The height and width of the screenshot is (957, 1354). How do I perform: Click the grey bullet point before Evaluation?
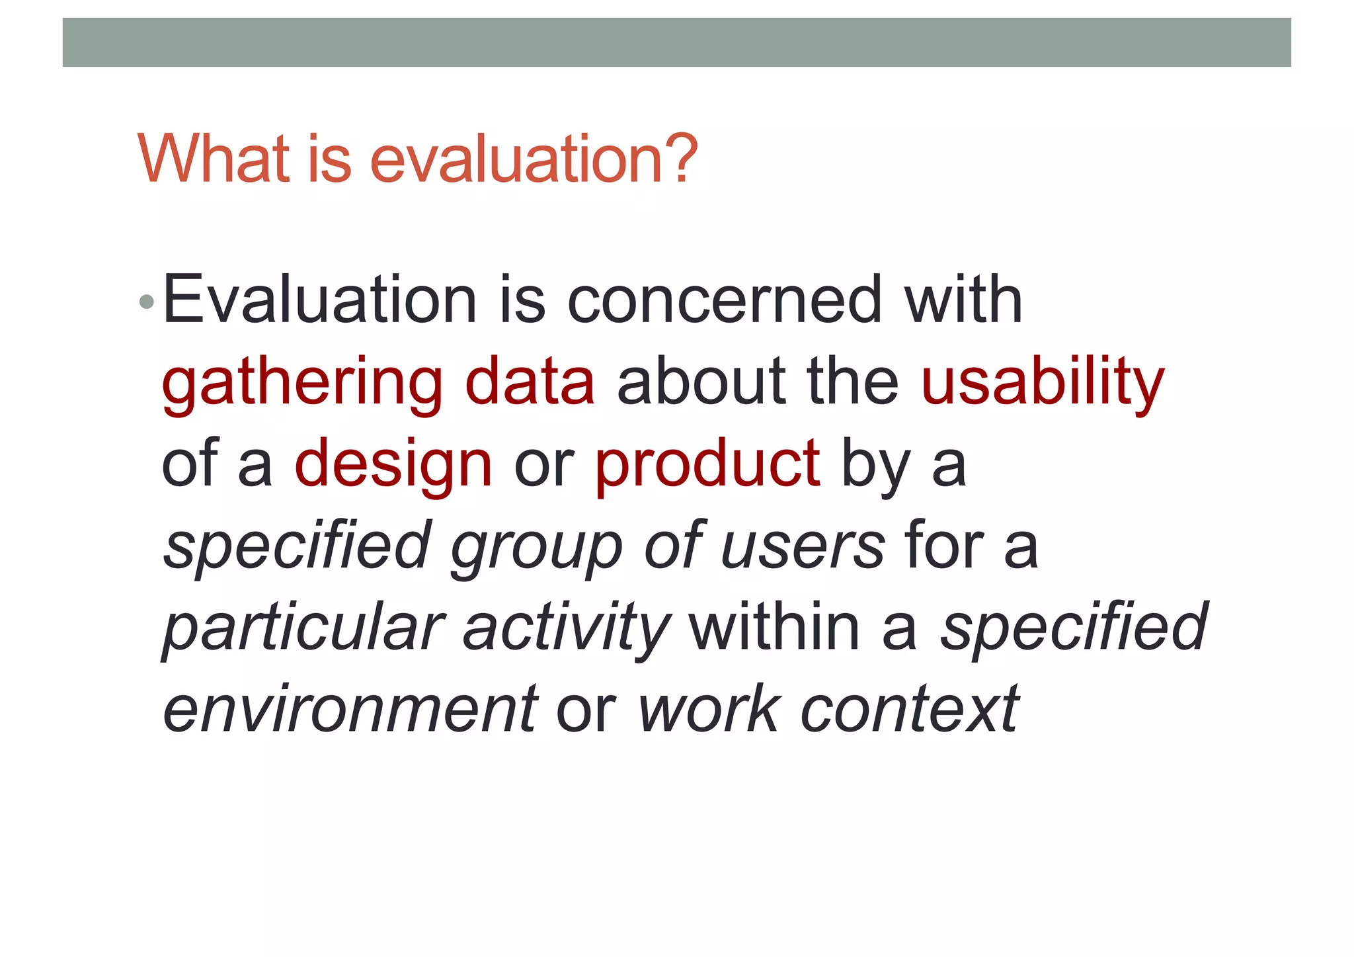point(147,303)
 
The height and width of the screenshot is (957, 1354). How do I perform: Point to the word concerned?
point(725,300)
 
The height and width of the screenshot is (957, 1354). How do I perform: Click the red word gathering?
point(302,384)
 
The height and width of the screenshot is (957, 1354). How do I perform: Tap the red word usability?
point(1042,384)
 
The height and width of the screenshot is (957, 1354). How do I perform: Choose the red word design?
point(393,466)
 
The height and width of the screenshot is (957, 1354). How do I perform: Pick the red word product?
point(707,466)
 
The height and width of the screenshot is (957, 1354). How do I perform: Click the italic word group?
point(536,548)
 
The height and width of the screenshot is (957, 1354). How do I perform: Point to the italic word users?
point(803,546)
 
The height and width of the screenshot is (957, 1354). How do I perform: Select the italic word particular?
point(303,628)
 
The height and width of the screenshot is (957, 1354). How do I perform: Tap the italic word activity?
point(566,628)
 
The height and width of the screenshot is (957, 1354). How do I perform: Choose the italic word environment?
point(350,710)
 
